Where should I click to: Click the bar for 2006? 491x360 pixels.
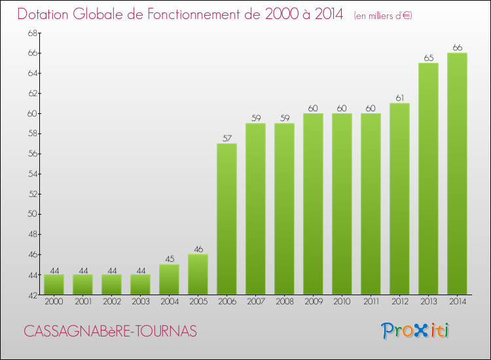coord(227,219)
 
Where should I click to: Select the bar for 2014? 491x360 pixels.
coord(457,174)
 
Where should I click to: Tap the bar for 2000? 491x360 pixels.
coord(54,285)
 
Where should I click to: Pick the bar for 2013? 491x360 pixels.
coord(428,179)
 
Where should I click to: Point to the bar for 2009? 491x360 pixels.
coord(313,204)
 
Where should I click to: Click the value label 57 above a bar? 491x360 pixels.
coord(227,138)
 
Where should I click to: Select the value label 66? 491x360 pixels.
coord(457,47)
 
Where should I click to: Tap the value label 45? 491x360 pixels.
coord(169,259)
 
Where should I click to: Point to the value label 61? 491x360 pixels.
coord(399,98)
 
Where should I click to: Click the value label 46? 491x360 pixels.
coord(198,249)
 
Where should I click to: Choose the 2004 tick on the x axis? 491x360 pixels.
coord(169,302)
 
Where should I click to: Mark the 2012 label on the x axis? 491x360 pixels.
coord(399,302)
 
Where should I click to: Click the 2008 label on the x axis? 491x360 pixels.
coord(284,302)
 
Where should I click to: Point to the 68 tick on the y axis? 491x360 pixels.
coord(32,33)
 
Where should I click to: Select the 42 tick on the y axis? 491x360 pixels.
coord(32,295)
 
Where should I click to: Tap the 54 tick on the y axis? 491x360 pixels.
coord(32,174)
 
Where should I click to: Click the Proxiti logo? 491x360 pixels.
coord(416,331)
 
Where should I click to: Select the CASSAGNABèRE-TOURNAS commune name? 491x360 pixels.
coord(110,331)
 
